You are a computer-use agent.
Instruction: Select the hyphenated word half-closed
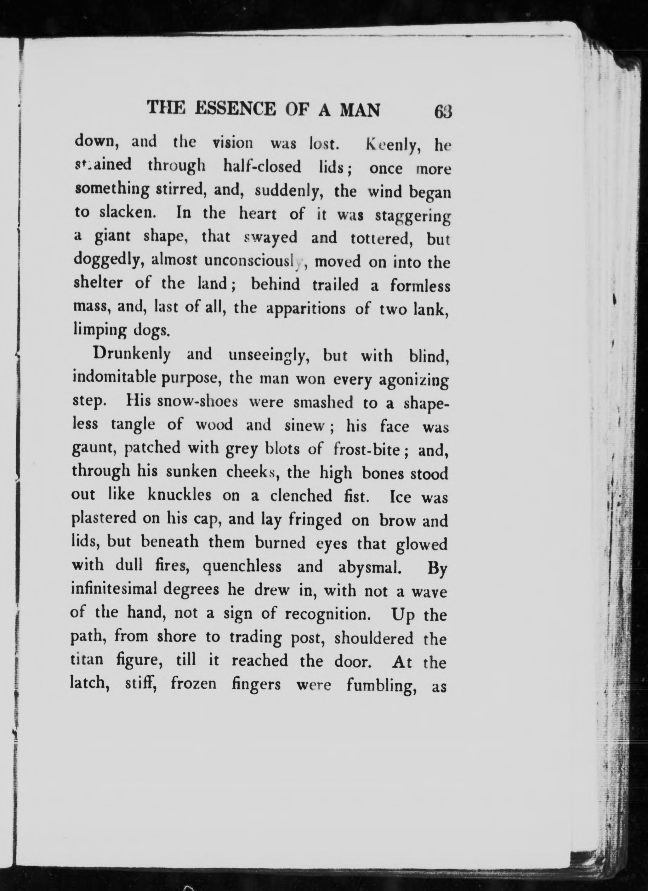(x=262, y=167)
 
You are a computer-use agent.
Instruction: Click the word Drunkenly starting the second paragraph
(x=131, y=355)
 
